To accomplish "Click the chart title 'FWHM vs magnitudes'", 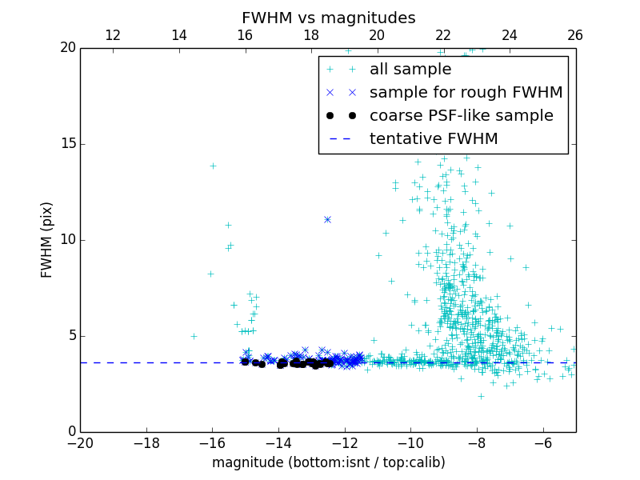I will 328,18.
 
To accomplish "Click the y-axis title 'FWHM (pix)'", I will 46,240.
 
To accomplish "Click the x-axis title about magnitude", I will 328,462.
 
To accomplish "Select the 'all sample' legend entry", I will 410,70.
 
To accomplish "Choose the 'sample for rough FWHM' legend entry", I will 466,93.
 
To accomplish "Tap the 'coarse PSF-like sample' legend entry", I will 461,116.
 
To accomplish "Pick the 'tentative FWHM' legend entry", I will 434,139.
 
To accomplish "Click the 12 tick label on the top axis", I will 113,35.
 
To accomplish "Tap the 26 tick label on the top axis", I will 575,35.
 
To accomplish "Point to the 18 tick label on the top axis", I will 311,35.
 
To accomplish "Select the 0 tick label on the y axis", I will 71,432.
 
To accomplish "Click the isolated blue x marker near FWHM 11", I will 327,219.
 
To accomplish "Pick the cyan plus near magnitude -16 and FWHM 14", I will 213,166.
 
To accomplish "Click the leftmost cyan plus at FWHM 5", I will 194,336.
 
